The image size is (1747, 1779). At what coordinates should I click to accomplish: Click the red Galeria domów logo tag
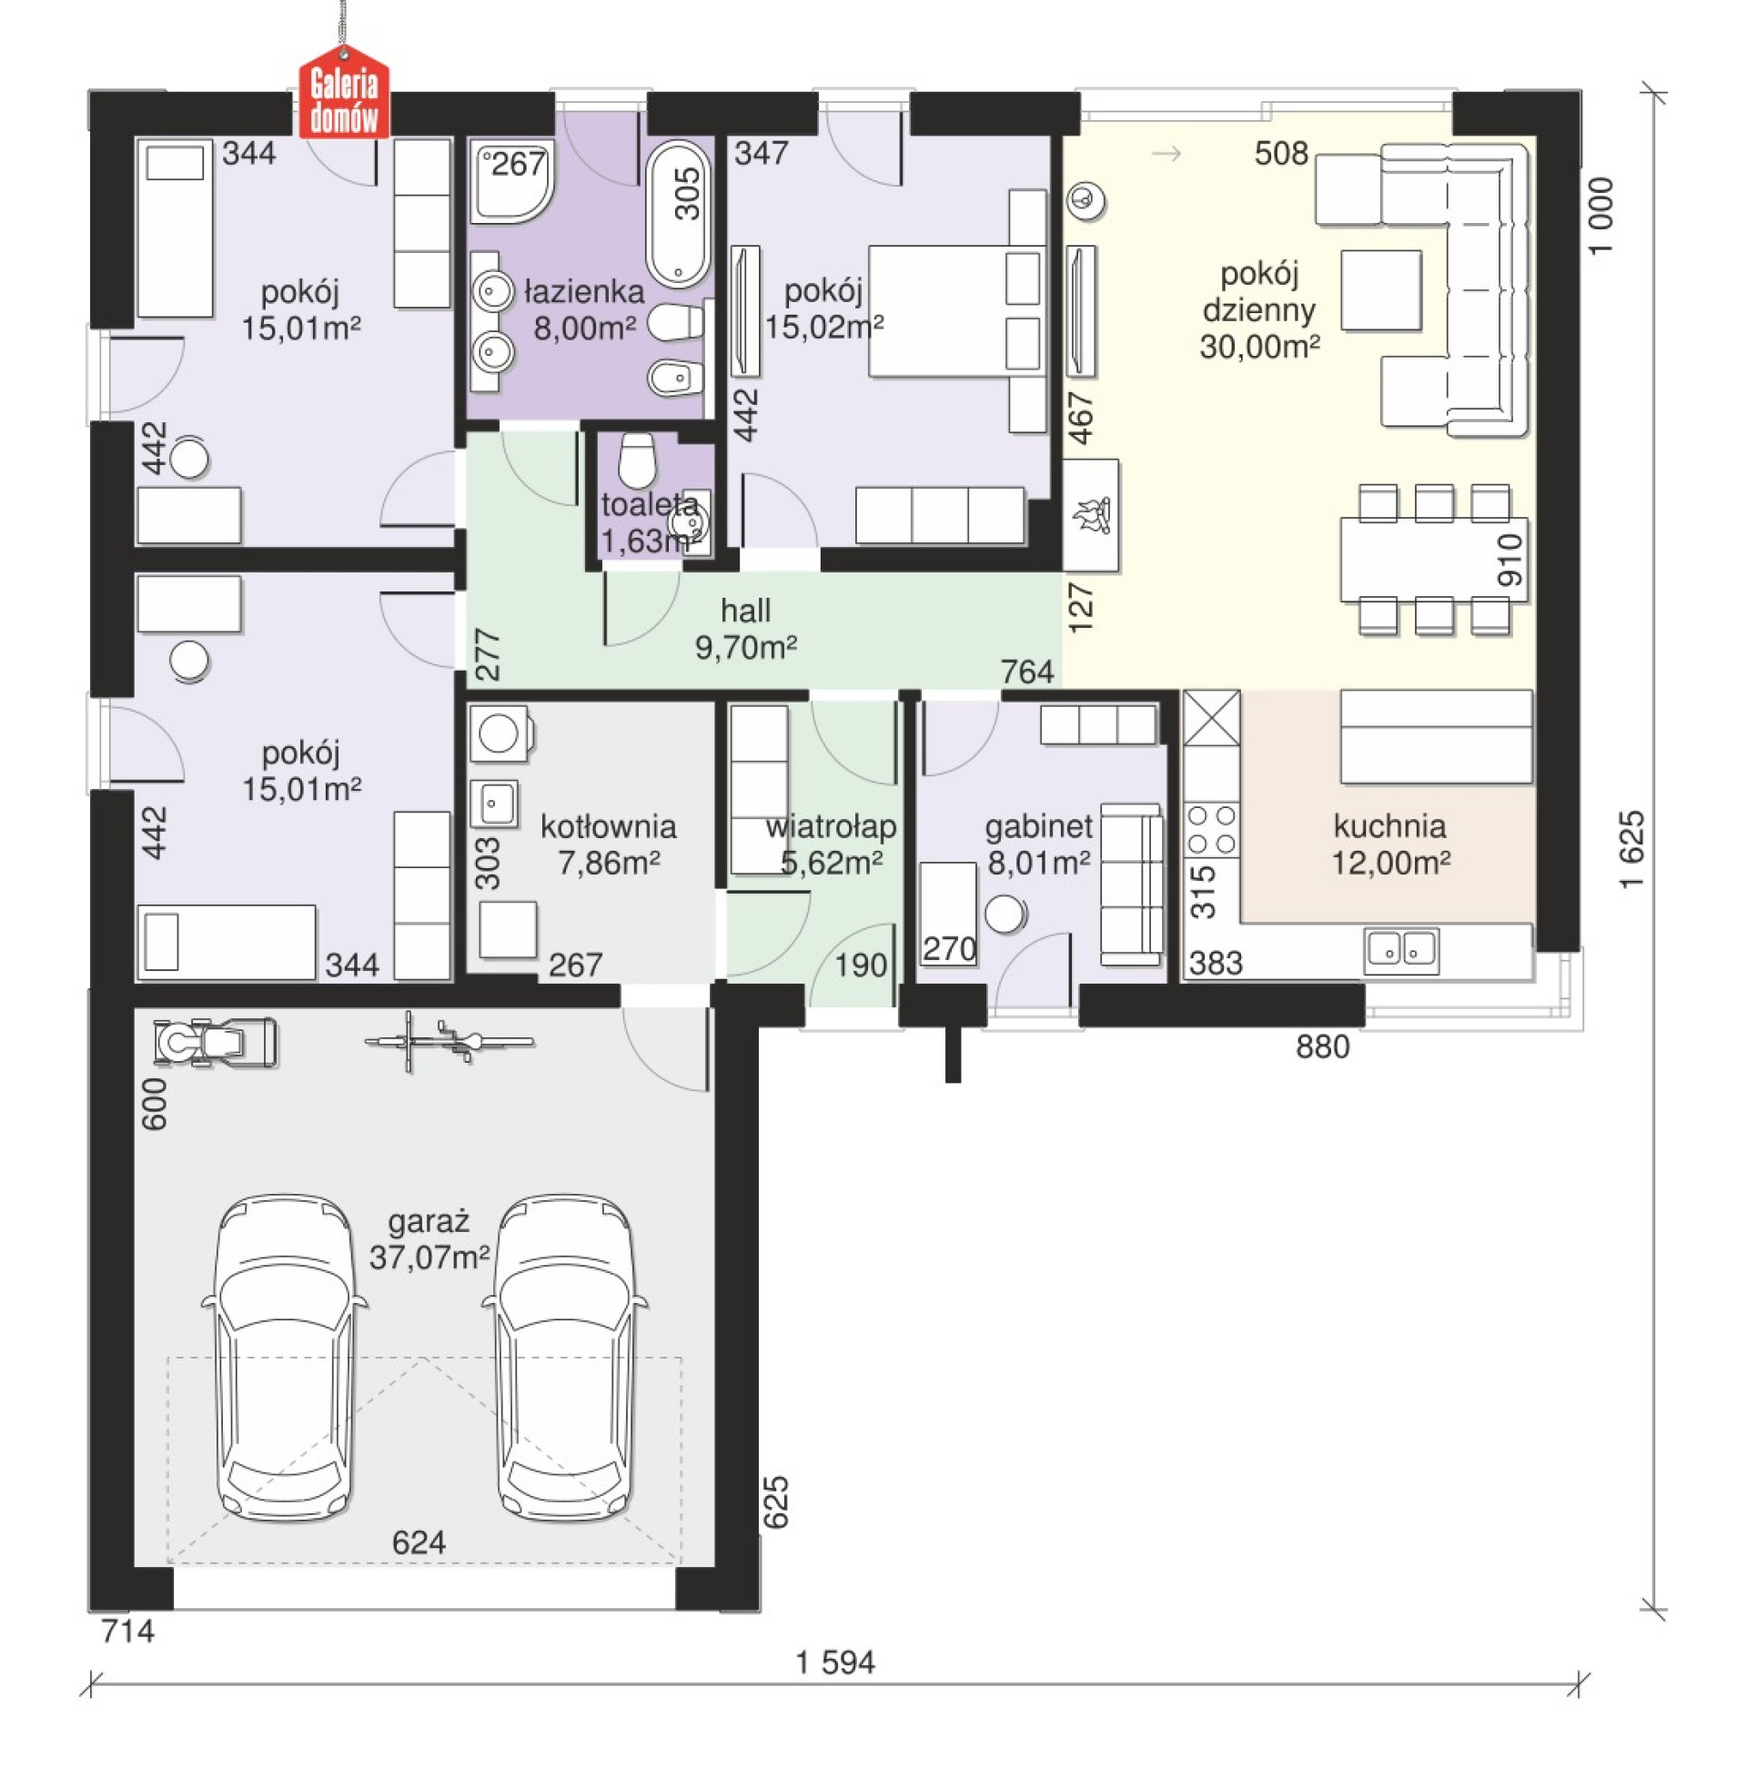pos(344,99)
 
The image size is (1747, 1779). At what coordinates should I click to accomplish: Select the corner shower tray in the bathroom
pos(513,182)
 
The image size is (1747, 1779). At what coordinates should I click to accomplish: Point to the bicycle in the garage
pos(449,1041)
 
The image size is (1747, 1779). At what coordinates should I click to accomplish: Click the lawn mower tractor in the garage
pos(216,1041)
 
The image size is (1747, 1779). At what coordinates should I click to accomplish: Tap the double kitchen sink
pos(1401,950)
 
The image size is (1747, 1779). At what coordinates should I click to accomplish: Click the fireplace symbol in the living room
pos(1091,515)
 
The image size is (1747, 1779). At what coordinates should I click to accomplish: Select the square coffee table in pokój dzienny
pos(1381,290)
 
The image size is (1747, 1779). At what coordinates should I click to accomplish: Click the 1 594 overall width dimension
pos(835,1662)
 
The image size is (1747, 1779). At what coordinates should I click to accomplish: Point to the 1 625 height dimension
pos(1631,849)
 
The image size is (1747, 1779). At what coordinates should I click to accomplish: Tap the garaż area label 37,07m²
pos(429,1256)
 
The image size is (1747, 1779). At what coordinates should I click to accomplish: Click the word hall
pos(745,610)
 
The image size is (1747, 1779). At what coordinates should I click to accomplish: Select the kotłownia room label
pos(609,826)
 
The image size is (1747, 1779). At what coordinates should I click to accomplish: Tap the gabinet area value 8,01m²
pos(1039,863)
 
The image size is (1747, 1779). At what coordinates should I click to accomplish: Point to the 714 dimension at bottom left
pos(127,1631)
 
